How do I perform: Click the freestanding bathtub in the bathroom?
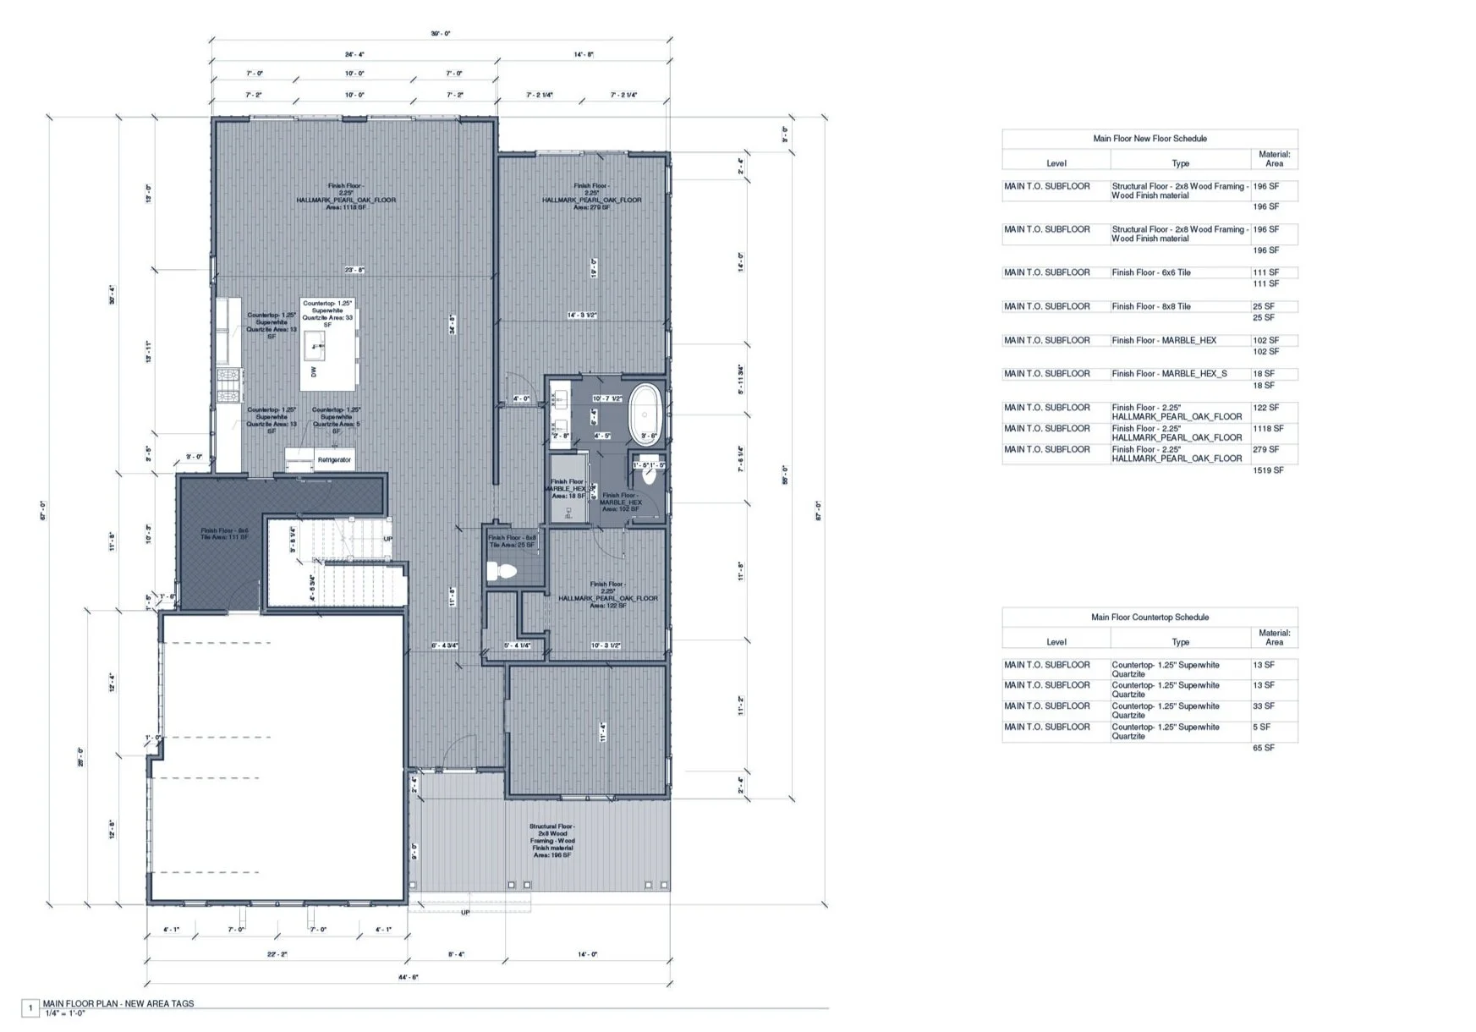pos(647,414)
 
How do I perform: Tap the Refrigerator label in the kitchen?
pos(334,460)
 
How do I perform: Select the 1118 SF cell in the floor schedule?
pos(1268,429)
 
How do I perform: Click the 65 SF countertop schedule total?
pos(1263,748)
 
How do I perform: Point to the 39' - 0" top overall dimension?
pos(441,34)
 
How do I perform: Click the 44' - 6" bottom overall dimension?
pos(408,977)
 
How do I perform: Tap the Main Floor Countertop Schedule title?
pos(1150,618)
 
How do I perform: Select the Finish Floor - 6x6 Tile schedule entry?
pos(1150,272)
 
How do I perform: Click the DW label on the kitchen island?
pos(314,371)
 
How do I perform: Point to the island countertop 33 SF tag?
pos(327,314)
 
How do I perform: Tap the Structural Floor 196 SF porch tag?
pos(552,841)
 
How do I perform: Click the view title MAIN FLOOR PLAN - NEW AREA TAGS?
pos(118,1004)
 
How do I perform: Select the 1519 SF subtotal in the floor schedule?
pos(1268,470)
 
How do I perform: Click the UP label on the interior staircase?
pos(388,539)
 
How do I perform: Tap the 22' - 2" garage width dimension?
pos(277,954)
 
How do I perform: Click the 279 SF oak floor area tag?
pos(591,196)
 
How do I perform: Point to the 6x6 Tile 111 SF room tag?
pos(224,534)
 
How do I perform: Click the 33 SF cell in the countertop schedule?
pos(1263,706)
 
